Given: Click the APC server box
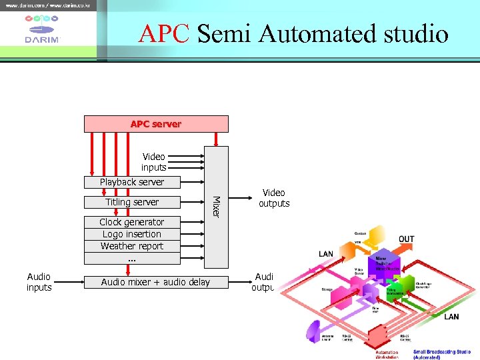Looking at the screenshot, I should (x=156, y=124).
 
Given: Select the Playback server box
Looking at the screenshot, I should (x=132, y=182).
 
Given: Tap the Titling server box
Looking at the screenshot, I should (x=132, y=202).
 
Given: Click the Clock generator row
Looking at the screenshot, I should (x=132, y=222).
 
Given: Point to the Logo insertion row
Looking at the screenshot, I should (x=132, y=234).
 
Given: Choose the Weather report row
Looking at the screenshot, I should (x=132, y=246).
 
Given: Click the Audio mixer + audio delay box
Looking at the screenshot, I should (x=155, y=282).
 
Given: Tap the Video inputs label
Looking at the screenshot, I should (x=153, y=162).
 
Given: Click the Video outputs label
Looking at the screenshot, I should (x=274, y=198).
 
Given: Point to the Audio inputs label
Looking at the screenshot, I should (x=39, y=282).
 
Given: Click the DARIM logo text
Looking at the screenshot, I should (x=42, y=39).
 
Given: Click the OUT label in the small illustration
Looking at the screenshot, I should (x=406, y=239).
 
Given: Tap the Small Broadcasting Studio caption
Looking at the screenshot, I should (x=441, y=354).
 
